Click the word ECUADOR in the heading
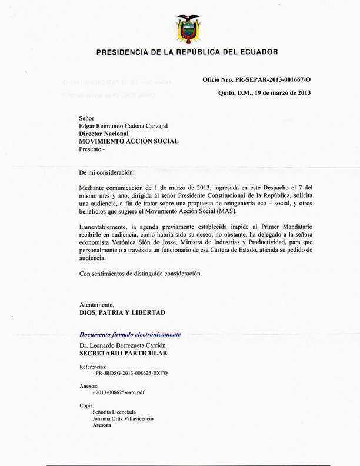252,52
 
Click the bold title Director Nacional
103,134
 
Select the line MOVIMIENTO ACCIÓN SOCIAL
129,141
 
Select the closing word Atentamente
99,304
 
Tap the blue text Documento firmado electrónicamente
130,334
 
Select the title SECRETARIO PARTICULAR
123,353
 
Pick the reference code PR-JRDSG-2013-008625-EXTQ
130,374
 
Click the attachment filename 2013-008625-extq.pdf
120,392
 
